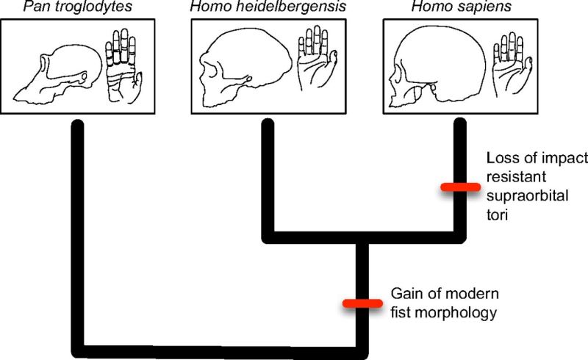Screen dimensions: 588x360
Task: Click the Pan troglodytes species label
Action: click(x=78, y=7)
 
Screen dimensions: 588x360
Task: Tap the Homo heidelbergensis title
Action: click(x=268, y=7)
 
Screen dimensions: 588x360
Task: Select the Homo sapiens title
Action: click(x=462, y=7)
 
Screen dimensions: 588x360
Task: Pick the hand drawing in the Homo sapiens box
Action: click(x=512, y=65)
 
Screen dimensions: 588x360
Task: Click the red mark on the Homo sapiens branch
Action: click(x=461, y=187)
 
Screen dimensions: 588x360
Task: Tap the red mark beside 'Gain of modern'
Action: click(x=362, y=303)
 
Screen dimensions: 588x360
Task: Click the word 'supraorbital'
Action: click(x=527, y=196)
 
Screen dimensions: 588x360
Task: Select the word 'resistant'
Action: click(x=517, y=176)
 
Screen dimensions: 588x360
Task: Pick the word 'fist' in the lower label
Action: click(x=401, y=312)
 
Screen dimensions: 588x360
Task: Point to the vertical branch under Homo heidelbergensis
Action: click(x=268, y=179)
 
